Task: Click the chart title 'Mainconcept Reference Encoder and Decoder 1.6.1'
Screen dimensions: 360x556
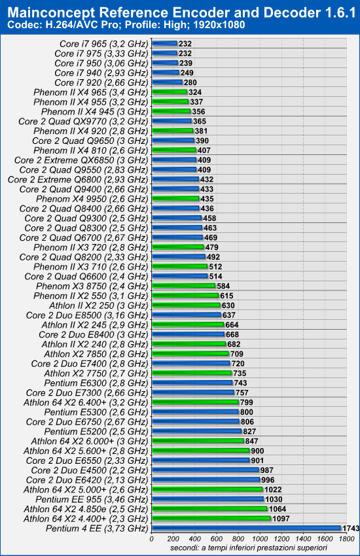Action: click(x=181, y=12)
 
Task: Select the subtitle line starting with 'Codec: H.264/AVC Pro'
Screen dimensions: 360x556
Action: click(x=126, y=25)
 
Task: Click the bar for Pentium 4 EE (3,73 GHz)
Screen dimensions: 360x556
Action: click(x=247, y=529)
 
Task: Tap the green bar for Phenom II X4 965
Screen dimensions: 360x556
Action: click(x=170, y=92)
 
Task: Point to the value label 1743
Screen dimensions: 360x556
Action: click(x=351, y=529)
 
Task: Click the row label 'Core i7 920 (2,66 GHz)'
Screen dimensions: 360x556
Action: click(x=101, y=82)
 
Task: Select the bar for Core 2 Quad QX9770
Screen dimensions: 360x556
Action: click(x=171, y=121)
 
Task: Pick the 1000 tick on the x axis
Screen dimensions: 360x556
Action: click(x=260, y=539)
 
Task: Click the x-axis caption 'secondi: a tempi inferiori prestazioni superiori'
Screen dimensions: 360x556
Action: click(x=248, y=548)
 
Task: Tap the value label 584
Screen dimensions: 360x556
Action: click(x=223, y=286)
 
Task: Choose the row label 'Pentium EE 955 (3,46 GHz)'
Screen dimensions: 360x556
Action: click(x=92, y=500)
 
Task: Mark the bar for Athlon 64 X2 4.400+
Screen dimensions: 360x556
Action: click(x=211, y=519)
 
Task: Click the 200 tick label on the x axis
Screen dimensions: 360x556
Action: click(x=173, y=539)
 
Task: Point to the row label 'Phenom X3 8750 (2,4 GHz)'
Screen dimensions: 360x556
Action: click(x=92, y=286)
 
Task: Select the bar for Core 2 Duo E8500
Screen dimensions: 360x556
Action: click(x=187, y=315)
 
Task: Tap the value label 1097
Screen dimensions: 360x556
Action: click(x=281, y=519)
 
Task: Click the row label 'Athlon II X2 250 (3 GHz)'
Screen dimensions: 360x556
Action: click(x=98, y=305)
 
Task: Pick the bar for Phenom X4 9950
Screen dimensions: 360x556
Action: click(x=175, y=199)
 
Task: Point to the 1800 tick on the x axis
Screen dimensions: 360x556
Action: click(x=346, y=539)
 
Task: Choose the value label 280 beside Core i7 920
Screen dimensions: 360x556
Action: click(x=190, y=82)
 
